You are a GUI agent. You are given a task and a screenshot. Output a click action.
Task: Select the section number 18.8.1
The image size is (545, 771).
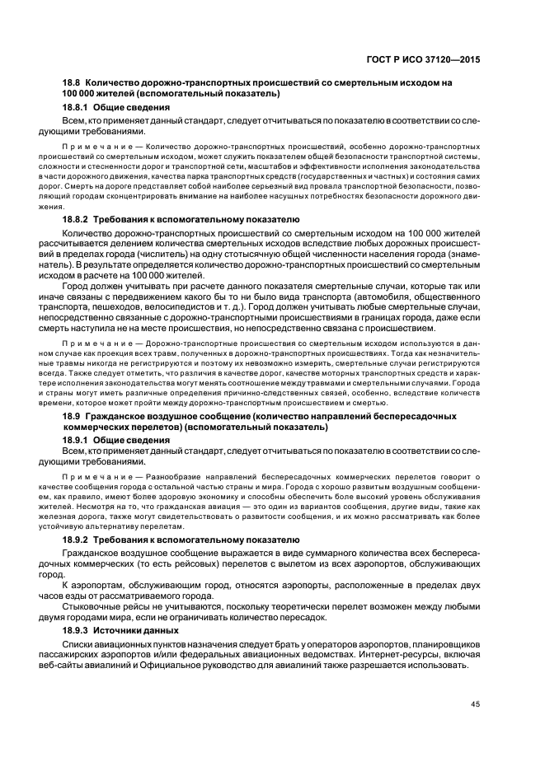coord(76,108)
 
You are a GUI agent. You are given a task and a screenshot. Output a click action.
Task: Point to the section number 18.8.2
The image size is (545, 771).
coord(76,219)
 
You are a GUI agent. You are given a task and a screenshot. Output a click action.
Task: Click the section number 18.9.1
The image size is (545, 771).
coord(76,441)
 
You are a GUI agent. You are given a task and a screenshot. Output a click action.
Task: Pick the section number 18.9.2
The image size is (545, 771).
coord(76,538)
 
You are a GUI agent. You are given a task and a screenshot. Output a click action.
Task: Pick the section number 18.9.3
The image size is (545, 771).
coord(76,628)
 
